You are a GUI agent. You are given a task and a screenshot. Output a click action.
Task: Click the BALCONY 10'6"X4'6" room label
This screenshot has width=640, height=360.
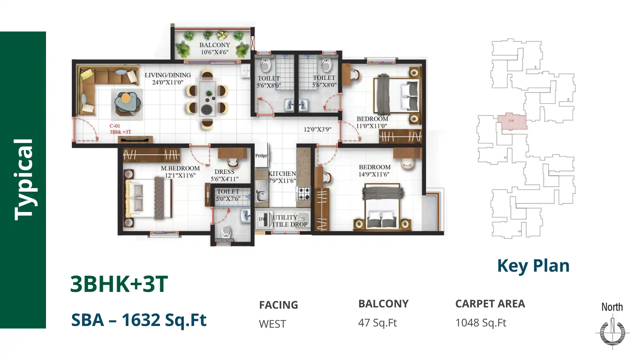tap(215, 48)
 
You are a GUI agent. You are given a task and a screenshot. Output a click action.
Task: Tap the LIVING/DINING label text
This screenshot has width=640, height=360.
tap(168, 75)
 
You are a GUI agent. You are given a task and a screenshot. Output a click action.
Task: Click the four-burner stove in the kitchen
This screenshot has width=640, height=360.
tap(304, 193)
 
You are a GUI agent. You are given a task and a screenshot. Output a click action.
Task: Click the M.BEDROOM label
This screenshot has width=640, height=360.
tap(180, 168)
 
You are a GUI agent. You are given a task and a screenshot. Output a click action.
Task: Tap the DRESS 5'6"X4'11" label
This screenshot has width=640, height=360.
tap(224, 175)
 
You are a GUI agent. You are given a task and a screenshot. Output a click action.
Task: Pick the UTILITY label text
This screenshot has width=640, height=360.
tap(285, 217)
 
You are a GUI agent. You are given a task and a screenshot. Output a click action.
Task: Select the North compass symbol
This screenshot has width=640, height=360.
tap(612, 332)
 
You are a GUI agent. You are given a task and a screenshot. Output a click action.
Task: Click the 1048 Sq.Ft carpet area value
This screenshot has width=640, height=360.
tap(481, 323)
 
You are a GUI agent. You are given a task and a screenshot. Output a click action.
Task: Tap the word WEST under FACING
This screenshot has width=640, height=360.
tap(272, 324)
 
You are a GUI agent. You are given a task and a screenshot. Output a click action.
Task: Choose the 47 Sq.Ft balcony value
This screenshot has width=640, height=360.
tap(377, 323)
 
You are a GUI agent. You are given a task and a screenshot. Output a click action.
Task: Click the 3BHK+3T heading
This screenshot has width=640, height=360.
tap(119, 284)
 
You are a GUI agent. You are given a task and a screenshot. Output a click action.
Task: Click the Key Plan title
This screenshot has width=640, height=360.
tap(533, 266)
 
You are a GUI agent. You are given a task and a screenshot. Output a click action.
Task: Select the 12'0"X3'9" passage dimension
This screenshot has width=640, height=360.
tap(317, 129)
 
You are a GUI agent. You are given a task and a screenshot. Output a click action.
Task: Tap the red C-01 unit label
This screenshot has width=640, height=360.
tap(115, 126)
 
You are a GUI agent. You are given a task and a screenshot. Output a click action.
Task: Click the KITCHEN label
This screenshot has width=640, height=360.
tap(282, 174)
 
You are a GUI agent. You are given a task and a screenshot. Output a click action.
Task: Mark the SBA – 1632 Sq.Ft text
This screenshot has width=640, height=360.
tap(139, 320)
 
